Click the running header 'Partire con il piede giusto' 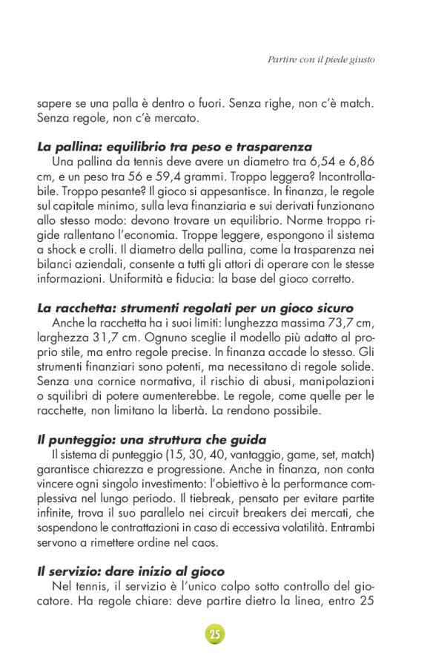[x=320, y=59]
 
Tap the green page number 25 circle [x=214, y=634]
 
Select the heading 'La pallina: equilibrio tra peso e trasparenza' [x=174, y=147]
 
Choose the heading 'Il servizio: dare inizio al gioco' [x=130, y=571]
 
